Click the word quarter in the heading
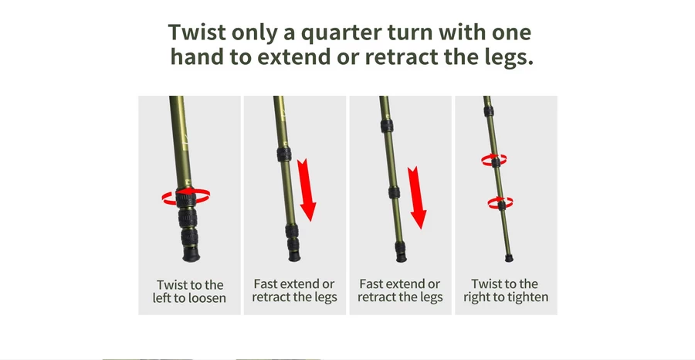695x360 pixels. pos(340,33)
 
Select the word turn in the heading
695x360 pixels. pos(409,32)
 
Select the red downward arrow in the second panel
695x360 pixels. pos(307,190)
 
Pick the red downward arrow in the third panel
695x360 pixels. pos(417,197)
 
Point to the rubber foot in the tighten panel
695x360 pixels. pos(509,258)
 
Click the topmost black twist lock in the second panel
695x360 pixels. pos(283,154)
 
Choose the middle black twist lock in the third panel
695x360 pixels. pos(394,192)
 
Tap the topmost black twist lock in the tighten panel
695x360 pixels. pos(489,110)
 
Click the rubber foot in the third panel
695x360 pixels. pos(402,257)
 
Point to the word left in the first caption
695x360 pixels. pos(161,298)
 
